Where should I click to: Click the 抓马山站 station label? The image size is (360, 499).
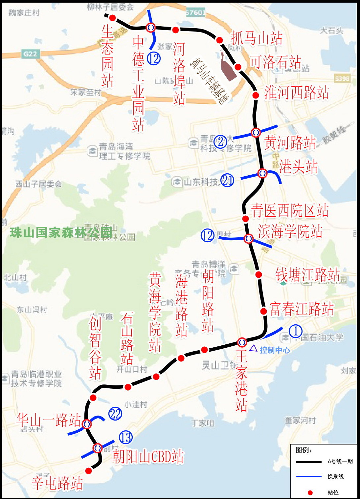(x=257, y=38)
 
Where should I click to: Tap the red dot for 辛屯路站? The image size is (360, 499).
(x=88, y=471)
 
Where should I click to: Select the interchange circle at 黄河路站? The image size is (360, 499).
(x=256, y=132)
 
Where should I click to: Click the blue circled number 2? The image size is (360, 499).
(x=220, y=141)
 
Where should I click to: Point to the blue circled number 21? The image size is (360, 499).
(x=227, y=180)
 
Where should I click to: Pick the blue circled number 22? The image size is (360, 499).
(x=115, y=414)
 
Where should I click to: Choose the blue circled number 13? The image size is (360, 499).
(x=125, y=437)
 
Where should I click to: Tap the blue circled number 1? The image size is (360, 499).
(x=296, y=331)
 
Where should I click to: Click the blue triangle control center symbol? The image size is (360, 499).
(x=253, y=348)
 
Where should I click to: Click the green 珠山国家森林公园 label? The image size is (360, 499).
(x=61, y=232)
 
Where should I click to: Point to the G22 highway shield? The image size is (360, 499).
(x=30, y=54)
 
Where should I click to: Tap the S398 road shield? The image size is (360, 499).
(x=342, y=78)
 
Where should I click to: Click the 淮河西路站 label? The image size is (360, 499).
(x=297, y=93)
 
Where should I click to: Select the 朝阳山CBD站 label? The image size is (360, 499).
(x=148, y=456)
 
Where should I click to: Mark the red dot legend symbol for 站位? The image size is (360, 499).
(x=310, y=492)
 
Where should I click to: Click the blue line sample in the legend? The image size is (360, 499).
(x=308, y=476)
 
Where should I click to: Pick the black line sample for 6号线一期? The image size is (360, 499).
(x=308, y=462)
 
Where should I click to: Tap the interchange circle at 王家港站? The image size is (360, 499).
(x=242, y=342)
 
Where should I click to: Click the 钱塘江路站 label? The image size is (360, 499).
(x=307, y=274)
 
